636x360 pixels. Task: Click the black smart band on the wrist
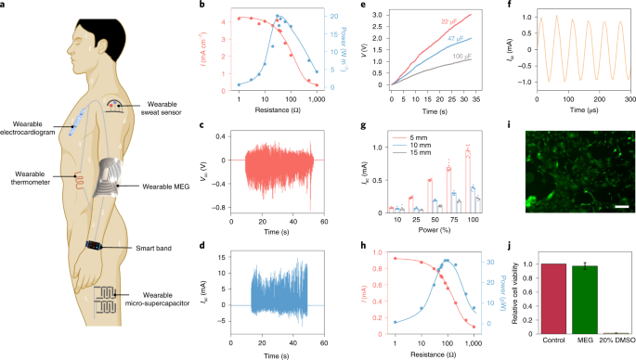97,244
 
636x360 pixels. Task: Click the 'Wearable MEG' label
166,186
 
